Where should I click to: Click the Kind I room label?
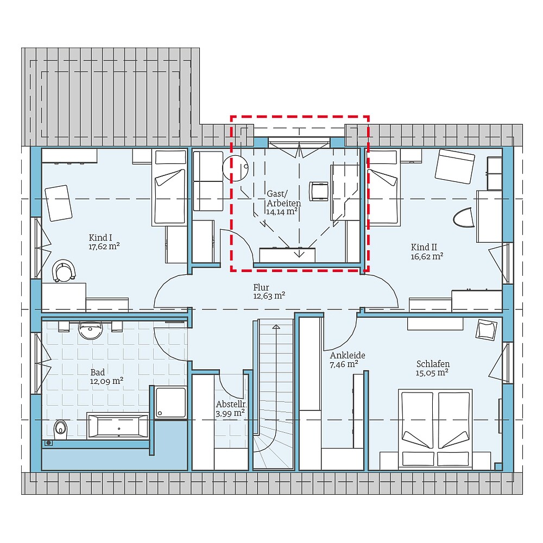100,237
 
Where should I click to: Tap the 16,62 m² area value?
426,256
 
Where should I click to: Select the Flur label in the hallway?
261,287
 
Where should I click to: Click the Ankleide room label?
348,355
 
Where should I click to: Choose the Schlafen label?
433,364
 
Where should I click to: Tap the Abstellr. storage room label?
231,405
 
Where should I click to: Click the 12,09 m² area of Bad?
106,381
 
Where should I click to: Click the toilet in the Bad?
60,428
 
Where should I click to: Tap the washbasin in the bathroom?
90,330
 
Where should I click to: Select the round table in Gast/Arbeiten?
235,166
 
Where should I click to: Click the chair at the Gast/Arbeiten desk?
318,191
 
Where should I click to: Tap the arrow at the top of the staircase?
276,327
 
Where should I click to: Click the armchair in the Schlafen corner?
487,330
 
